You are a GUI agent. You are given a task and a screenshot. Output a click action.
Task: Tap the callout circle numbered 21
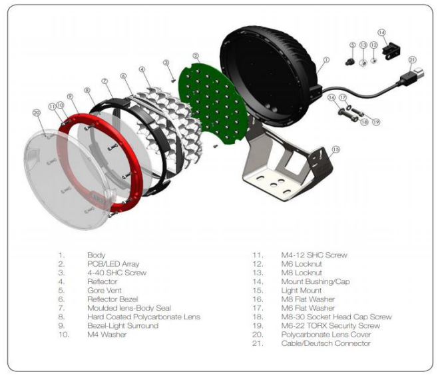coord(412,59)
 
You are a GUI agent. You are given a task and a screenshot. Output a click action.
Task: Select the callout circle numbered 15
coord(335,149)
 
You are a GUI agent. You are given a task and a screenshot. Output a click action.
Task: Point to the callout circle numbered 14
coord(381,32)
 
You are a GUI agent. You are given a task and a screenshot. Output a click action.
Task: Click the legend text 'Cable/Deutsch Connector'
coord(326,343)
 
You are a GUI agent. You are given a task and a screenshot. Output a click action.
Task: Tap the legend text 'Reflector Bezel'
coord(114,299)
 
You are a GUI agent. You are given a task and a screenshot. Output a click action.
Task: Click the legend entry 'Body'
coord(96,255)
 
